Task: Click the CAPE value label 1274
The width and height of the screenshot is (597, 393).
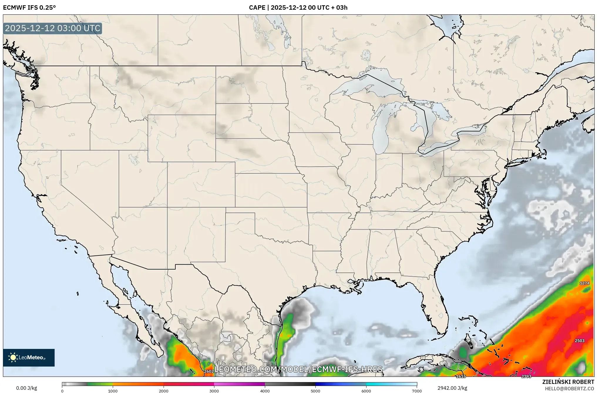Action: tap(584, 283)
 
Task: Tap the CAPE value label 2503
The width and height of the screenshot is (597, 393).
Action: tap(579, 341)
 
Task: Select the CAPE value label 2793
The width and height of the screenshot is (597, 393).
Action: tap(526, 376)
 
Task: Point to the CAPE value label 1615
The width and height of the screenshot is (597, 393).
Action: tap(461, 376)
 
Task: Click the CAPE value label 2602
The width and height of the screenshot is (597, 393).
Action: tap(209, 371)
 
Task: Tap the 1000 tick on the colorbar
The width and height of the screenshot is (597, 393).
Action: tap(113, 391)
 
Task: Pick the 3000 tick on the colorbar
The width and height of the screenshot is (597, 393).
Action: tap(214, 391)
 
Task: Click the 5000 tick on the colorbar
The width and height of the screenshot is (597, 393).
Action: tap(315, 391)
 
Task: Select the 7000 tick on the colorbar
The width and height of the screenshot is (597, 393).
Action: tap(417, 391)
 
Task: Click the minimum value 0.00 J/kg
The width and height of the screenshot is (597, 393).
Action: tap(26, 388)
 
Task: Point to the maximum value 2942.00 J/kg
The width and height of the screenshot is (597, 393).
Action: tap(452, 388)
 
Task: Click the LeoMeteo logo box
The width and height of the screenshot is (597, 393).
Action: tap(29, 357)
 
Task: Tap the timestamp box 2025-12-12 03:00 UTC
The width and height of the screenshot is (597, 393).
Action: tap(53, 28)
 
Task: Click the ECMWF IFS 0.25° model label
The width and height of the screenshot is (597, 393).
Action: tap(29, 8)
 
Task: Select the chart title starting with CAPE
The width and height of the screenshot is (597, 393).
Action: tap(298, 8)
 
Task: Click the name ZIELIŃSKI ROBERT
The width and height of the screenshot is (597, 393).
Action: tap(568, 382)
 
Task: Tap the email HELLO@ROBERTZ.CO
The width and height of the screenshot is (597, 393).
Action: tap(569, 389)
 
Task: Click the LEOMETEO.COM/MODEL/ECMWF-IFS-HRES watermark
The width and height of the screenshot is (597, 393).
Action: tap(298, 369)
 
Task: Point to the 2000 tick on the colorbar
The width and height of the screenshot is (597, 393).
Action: tap(164, 391)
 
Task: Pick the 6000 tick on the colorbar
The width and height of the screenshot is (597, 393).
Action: tap(366, 391)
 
